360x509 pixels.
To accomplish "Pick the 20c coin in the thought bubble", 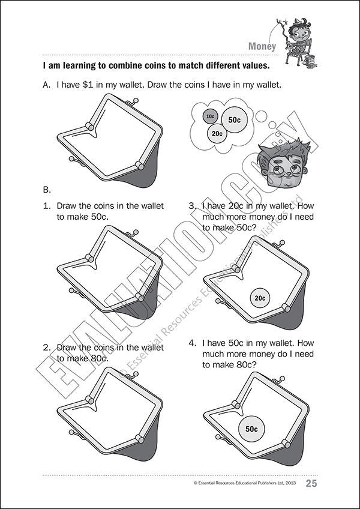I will (x=217, y=133).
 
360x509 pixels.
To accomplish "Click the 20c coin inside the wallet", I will (x=260, y=298).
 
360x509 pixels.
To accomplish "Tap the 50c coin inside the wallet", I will (x=251, y=429).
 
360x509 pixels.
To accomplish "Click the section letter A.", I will (x=47, y=86).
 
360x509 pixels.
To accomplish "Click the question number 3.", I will (x=192, y=206).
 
